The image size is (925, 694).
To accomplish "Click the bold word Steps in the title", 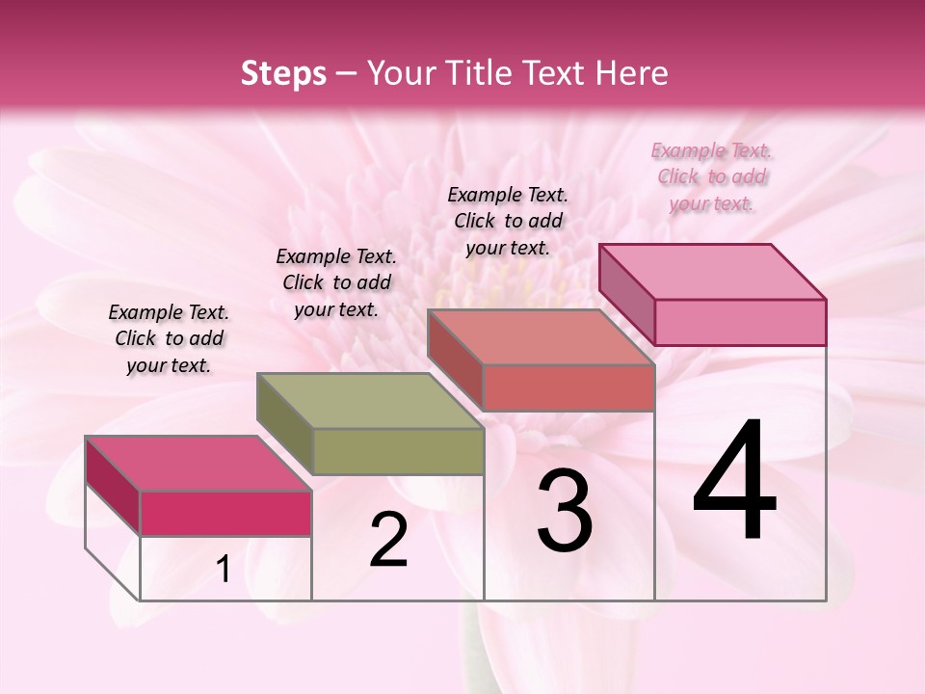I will (282, 73).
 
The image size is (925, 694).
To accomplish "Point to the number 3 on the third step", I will (565, 512).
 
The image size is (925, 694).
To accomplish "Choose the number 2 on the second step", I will (388, 540).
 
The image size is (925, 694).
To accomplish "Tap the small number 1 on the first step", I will (224, 570).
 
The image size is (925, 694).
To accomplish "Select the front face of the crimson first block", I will (225, 513).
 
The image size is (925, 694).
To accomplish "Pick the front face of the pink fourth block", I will (740, 322).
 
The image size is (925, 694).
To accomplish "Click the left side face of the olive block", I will (285, 424).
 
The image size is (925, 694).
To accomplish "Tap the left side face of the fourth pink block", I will (627, 293).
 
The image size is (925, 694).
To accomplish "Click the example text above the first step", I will (169, 338).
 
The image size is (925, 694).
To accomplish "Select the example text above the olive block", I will (336, 282).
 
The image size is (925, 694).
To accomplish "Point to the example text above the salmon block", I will (508, 221).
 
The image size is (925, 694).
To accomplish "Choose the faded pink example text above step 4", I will (711, 176).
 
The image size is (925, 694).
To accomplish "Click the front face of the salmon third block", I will (568, 387).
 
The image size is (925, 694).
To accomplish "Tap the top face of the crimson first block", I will (198, 463).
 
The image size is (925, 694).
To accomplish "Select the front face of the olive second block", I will (398, 451).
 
